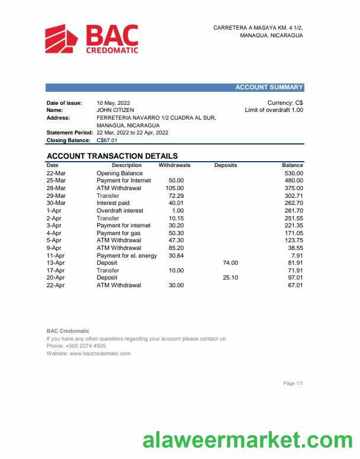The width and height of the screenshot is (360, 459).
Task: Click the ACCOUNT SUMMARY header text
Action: [269, 88]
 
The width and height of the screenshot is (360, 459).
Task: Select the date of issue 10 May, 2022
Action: [113, 103]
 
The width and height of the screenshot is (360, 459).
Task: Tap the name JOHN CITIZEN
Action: [115, 110]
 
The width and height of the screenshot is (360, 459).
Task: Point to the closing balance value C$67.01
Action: [107, 140]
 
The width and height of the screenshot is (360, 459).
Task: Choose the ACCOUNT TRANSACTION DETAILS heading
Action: [112, 156]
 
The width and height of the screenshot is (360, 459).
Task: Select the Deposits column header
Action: [225, 165]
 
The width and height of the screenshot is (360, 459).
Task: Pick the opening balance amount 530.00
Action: [293, 173]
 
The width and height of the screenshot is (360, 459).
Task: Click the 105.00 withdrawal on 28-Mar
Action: [175, 188]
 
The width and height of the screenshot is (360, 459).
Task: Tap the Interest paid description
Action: [113, 203]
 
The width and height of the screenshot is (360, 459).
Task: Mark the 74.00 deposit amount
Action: [230, 262]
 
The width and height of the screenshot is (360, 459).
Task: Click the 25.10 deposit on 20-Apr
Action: [230, 277]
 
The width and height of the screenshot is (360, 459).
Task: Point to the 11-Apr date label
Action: [55, 255]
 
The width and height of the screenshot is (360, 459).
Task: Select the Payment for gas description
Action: [118, 233]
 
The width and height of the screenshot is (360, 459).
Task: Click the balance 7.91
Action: [297, 255]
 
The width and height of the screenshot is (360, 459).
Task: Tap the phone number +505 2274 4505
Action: [85, 346]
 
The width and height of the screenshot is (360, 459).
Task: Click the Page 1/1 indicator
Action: [293, 384]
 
